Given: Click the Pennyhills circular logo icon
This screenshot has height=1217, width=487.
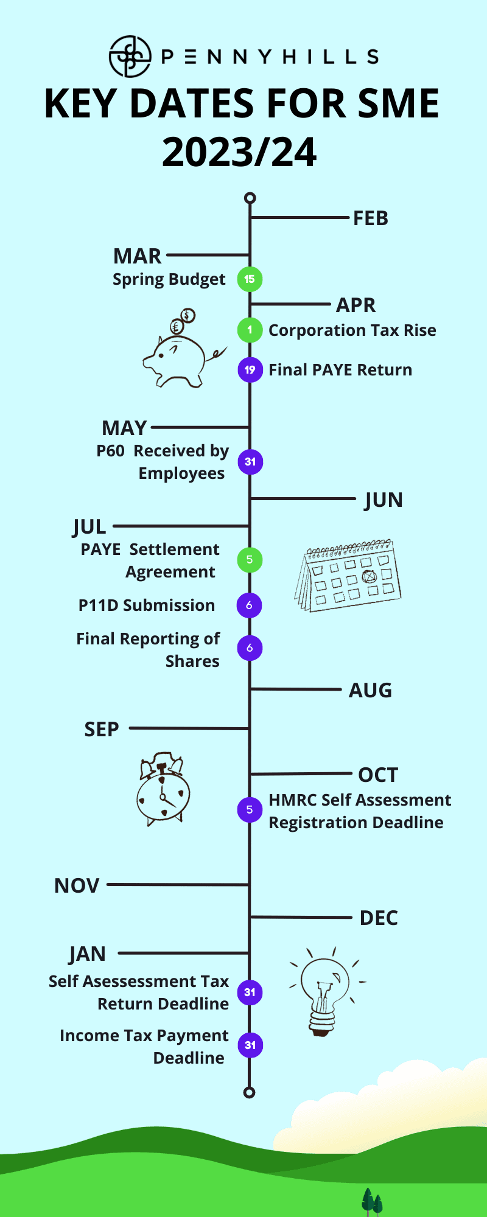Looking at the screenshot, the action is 130,57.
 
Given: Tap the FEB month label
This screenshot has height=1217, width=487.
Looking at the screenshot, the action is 371,218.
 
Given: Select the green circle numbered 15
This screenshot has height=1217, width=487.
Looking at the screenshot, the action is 250,279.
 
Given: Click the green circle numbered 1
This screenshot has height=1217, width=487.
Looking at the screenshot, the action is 250,330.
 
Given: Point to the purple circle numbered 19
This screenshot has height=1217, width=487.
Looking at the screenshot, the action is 250,370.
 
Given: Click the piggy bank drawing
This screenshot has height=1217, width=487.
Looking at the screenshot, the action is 183,349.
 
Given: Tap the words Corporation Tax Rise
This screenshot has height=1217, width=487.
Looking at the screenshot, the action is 352,330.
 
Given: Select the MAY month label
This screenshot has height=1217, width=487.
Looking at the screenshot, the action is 125,428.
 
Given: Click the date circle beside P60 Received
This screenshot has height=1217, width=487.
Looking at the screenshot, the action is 250,462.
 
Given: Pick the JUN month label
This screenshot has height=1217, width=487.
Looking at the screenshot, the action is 384,500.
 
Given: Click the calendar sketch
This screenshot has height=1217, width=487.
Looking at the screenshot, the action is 348,575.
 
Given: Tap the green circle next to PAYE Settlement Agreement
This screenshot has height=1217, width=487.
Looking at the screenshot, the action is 250,560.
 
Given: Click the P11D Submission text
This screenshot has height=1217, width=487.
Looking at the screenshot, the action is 147,605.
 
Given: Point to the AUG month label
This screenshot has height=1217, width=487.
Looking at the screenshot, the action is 370,691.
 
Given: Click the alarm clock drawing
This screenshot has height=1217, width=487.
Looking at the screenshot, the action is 163,789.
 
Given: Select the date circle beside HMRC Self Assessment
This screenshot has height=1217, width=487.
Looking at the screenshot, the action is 250,810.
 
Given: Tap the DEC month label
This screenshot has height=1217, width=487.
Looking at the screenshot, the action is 379,918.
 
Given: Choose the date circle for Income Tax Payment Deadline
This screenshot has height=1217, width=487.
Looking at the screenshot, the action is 250,1045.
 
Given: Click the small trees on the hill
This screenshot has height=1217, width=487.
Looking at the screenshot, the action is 372,1202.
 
